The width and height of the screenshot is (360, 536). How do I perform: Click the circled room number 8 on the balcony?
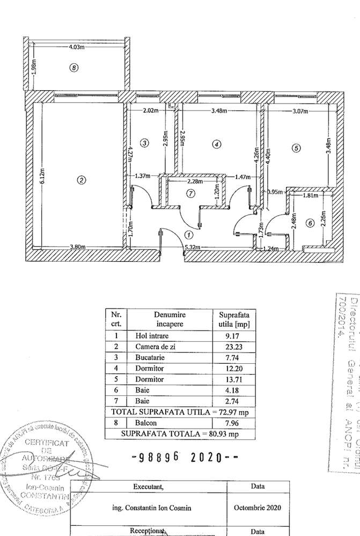click(74, 68)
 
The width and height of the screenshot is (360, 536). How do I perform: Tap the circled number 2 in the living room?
click(81, 180)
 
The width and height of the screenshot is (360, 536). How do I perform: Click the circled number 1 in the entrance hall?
click(188, 234)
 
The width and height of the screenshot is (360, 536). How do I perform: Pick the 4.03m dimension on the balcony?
click(77, 47)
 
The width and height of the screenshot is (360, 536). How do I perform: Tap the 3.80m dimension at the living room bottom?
click(78, 247)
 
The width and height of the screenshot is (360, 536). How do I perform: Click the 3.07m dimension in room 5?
click(302, 112)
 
